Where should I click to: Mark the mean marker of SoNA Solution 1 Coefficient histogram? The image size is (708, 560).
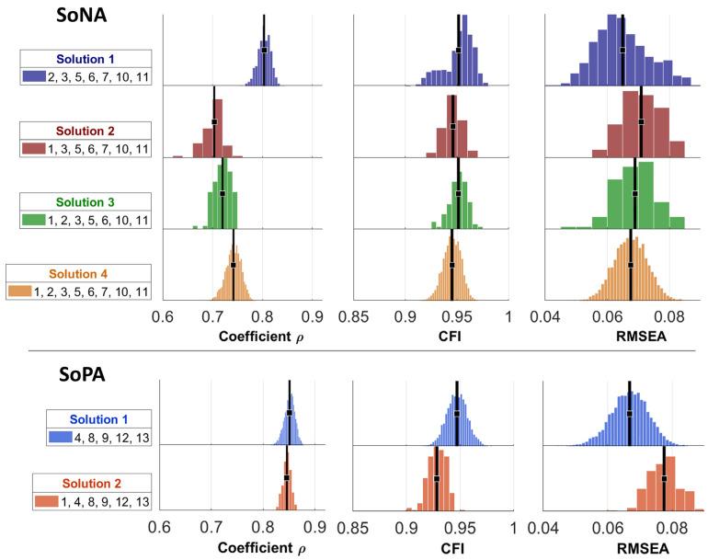[x=264, y=51]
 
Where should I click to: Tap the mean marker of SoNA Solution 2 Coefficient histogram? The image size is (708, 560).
[x=214, y=121]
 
